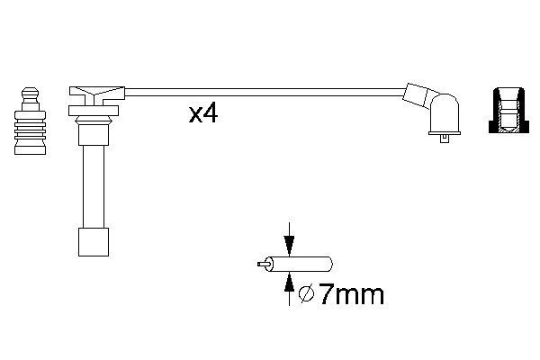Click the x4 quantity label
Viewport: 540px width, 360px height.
coord(203,113)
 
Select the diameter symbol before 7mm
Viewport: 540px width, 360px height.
coord(305,293)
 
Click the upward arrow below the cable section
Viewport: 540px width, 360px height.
coord(288,286)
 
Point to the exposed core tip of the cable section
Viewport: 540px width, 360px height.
coord(262,265)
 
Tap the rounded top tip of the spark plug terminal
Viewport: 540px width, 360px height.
coord(30,91)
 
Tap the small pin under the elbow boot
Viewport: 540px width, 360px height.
coord(445,137)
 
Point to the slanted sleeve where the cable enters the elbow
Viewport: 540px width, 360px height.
coord(418,94)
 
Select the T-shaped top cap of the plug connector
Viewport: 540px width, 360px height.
coord(95,93)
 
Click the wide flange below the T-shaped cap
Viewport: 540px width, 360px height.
coord(94,111)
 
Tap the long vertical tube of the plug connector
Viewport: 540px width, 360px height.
coord(94,180)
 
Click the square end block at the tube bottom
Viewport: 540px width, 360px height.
coord(94,242)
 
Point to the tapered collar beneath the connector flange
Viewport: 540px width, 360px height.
coord(94,121)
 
